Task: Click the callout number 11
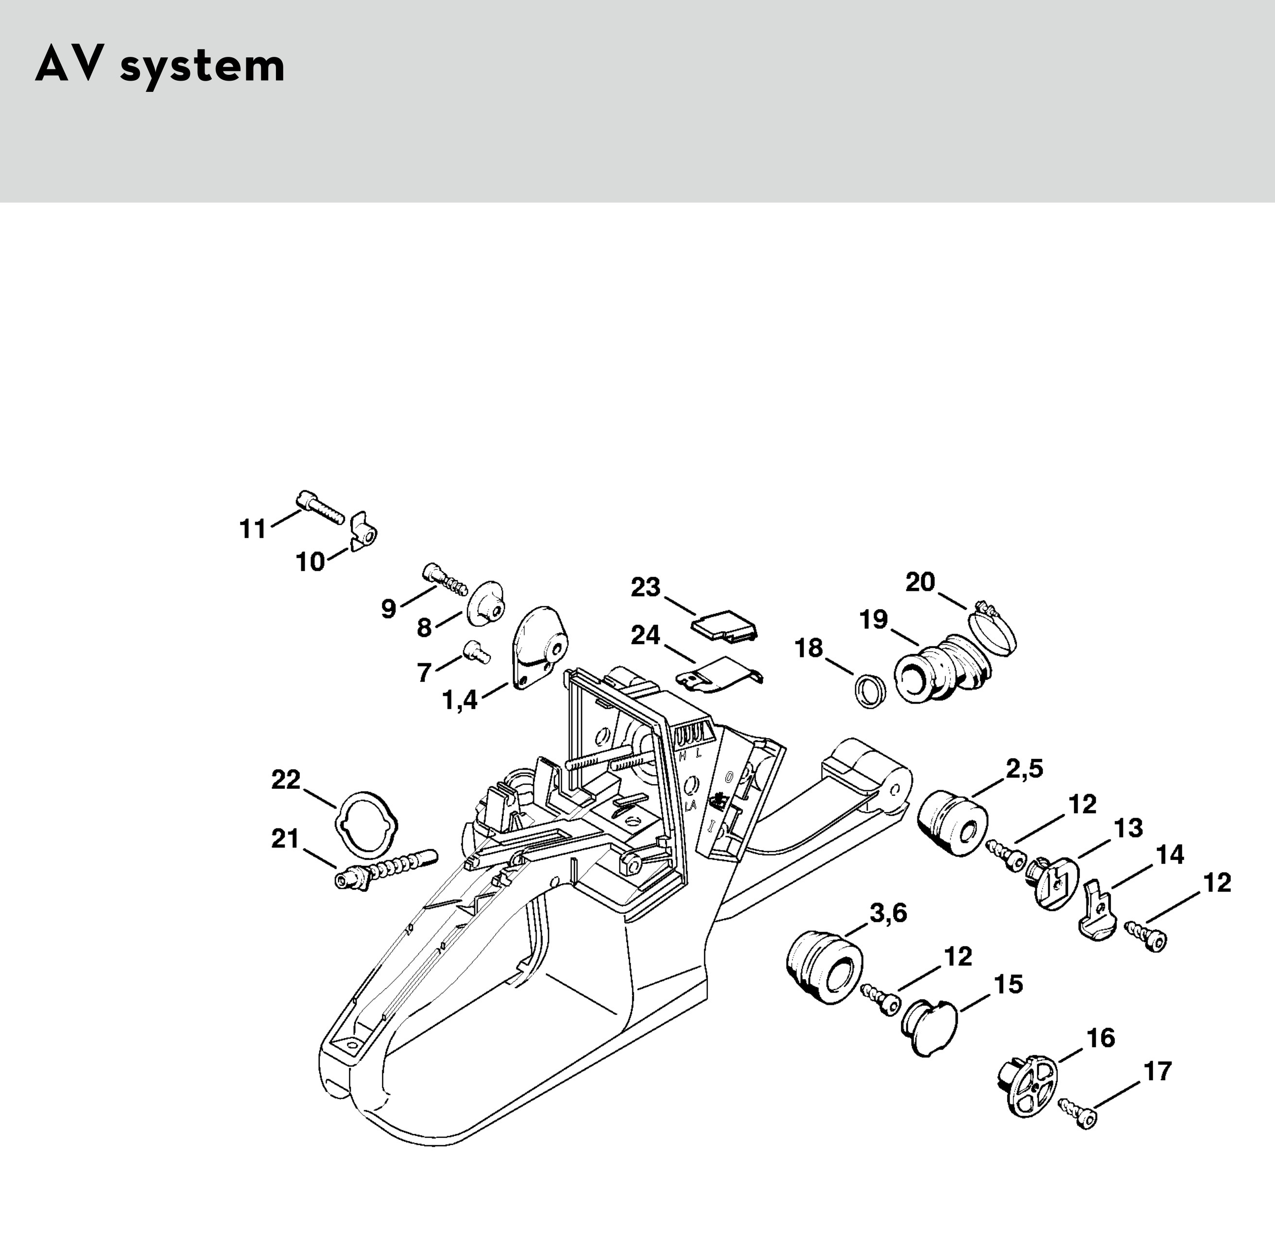[x=253, y=529]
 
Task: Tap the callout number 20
[x=920, y=582]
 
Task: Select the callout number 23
[x=645, y=587]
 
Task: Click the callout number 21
[x=285, y=839]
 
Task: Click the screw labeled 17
[x=1078, y=1114]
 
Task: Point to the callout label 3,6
[x=888, y=913]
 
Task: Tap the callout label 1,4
[x=460, y=701]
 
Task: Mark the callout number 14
[x=1170, y=855]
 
